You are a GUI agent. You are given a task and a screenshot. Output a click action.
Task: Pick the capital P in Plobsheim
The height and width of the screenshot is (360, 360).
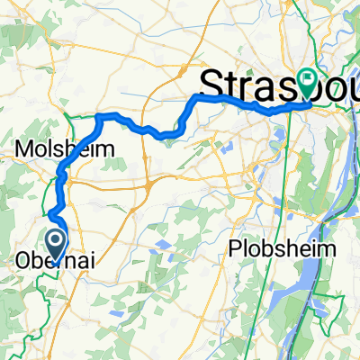(238, 247)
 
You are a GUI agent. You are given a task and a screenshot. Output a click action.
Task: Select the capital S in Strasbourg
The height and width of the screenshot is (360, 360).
(208, 84)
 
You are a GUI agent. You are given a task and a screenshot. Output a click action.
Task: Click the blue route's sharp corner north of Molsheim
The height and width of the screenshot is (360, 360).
(97, 116)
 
